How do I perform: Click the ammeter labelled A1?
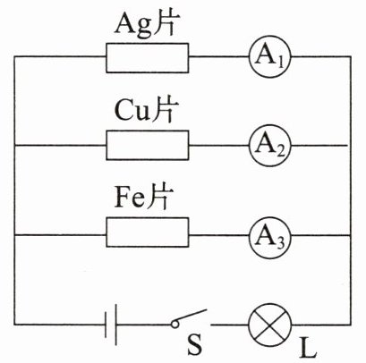point(269,56)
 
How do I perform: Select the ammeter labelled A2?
point(269,146)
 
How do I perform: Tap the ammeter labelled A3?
point(269,235)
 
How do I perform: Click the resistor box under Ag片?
point(148,58)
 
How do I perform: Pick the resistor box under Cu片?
point(148,145)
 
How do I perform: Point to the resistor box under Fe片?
point(148,232)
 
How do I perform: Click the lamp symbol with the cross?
point(269,325)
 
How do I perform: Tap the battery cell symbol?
point(111,325)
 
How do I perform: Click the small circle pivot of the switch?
point(175,325)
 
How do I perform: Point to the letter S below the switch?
point(195,345)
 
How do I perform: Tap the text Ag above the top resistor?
point(132,26)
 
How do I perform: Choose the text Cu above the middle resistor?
point(132,111)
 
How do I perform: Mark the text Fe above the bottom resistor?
point(130,198)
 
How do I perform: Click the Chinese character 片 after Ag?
point(163,24)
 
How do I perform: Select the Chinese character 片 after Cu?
point(162,110)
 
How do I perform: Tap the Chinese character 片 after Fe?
point(158,197)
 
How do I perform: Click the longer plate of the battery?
point(115,325)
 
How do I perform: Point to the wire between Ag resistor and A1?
point(219,56)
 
